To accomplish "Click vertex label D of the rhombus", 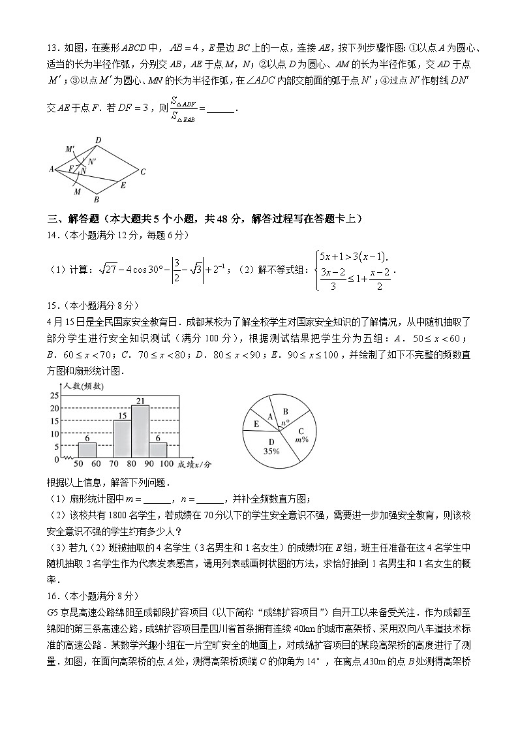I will (x=98, y=140).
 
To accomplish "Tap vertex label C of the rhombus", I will (x=143, y=172).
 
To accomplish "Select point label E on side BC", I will (x=122, y=185).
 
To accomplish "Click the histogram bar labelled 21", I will (x=140, y=431).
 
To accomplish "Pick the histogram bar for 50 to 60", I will (x=87, y=450).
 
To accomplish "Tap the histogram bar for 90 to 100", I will (x=158, y=450).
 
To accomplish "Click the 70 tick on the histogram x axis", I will (x=113, y=463).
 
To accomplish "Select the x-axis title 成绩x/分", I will (x=195, y=464).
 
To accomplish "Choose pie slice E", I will (x=256, y=425).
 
